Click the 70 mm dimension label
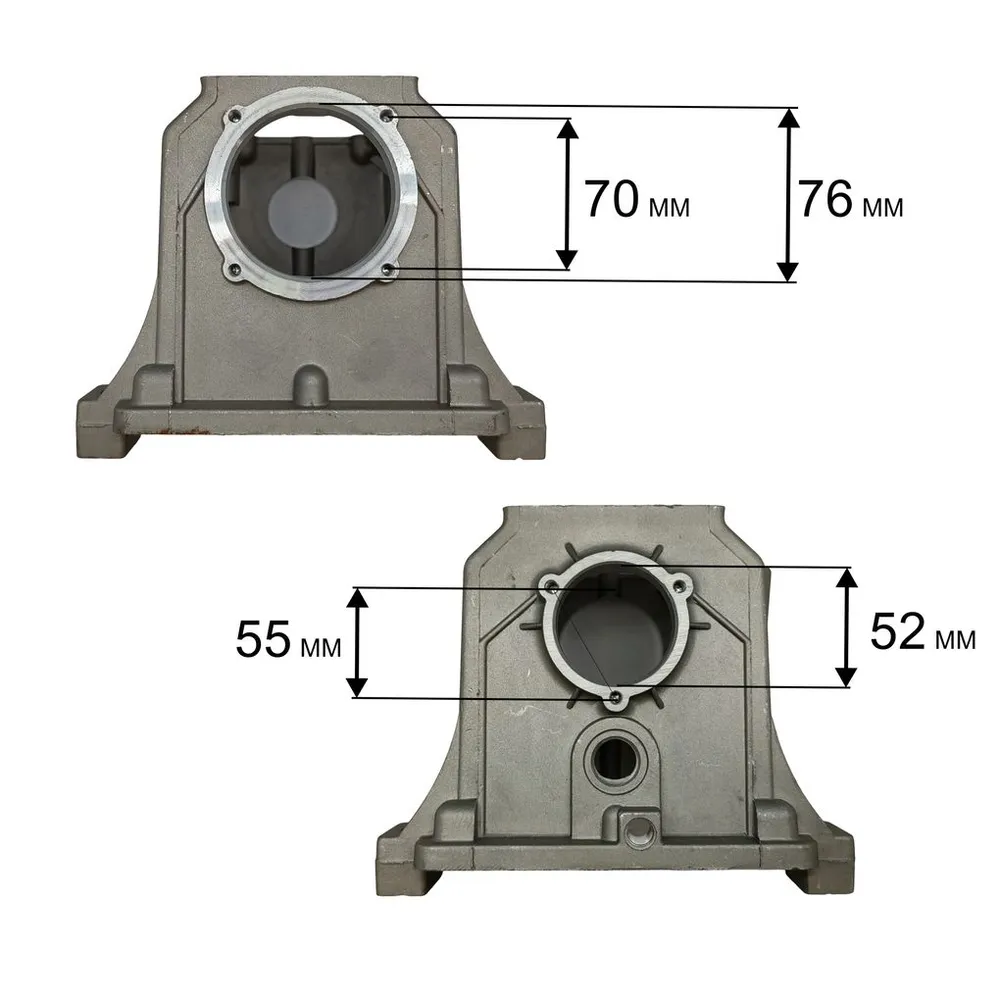tap(637, 200)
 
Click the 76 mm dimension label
tap(850, 200)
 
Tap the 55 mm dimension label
tap(288, 640)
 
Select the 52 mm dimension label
tap(923, 632)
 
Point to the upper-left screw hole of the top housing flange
tap(235, 115)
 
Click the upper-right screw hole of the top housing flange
tap(388, 115)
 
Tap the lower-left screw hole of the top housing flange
tap(235, 271)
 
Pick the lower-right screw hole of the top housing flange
tap(388, 272)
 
